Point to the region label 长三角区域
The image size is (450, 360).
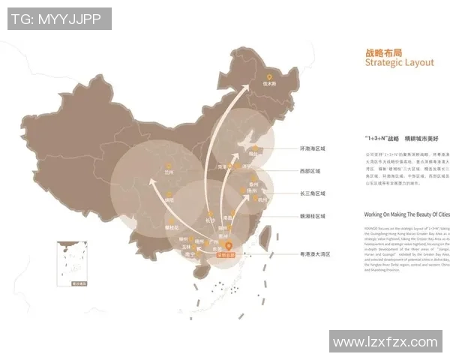(x=314, y=193)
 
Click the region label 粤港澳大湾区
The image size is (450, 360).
(x=313, y=255)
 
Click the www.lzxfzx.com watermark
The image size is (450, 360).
(x=385, y=342)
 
